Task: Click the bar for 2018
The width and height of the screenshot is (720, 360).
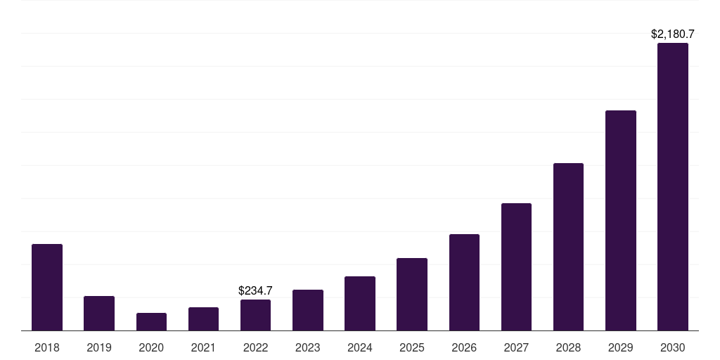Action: (47, 288)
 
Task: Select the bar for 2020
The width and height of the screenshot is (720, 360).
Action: (151, 322)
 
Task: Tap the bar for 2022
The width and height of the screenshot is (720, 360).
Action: (255, 315)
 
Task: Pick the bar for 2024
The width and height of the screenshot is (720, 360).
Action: (360, 304)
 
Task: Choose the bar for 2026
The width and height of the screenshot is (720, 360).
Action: (464, 283)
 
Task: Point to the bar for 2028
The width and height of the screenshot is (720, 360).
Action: (568, 247)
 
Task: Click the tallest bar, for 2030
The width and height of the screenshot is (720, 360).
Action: (672, 187)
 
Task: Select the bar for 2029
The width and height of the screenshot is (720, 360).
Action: (620, 221)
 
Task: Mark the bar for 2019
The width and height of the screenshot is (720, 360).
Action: (99, 314)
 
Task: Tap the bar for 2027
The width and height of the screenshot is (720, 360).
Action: (516, 267)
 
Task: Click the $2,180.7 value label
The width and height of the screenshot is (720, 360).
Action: (672, 34)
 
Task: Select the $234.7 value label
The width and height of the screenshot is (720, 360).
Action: (255, 290)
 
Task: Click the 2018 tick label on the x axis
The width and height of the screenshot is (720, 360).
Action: (47, 347)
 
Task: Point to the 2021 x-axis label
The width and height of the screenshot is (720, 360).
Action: (203, 347)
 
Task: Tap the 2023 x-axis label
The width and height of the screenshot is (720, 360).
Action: (307, 347)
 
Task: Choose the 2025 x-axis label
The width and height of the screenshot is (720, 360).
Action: (412, 347)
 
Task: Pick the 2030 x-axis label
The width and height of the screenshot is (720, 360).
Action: (672, 347)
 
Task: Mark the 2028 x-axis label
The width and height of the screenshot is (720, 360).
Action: (568, 347)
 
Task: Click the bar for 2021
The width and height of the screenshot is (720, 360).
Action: (203, 319)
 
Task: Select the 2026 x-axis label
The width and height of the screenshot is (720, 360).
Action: (464, 347)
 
